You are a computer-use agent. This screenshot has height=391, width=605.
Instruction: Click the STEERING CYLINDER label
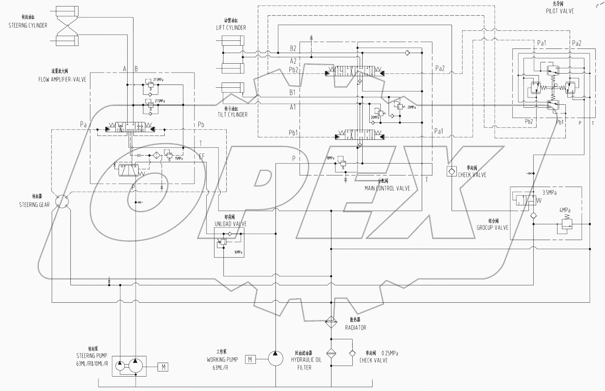point(28,25)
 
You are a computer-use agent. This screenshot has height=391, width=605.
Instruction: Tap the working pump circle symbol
point(275,358)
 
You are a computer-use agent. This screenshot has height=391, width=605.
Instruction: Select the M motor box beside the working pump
point(250,360)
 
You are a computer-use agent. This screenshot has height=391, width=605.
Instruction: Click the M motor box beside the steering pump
point(163,367)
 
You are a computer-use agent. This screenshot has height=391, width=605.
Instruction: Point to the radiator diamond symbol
point(331,321)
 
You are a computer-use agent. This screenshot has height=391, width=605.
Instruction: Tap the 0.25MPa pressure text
point(390,353)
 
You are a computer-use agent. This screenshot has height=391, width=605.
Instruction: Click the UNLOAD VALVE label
point(230,224)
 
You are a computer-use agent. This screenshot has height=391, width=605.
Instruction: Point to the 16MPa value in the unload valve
point(238,252)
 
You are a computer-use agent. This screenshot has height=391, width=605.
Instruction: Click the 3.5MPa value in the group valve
point(549,193)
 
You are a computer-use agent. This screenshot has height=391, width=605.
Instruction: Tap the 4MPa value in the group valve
point(565,210)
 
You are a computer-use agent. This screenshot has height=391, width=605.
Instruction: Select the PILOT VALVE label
point(560,11)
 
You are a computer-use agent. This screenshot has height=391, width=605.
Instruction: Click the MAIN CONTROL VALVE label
point(387,188)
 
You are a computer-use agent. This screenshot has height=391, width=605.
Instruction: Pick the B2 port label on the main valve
point(293,49)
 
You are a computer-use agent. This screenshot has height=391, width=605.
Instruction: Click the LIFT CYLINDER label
point(231,28)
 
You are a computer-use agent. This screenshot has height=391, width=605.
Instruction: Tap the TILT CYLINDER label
point(232,114)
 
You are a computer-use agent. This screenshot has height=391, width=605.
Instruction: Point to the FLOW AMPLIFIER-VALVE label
point(62,79)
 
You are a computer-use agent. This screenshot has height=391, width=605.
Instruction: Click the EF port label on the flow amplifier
point(202,156)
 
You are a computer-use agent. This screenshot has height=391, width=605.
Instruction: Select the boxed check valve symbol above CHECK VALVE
point(452,172)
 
